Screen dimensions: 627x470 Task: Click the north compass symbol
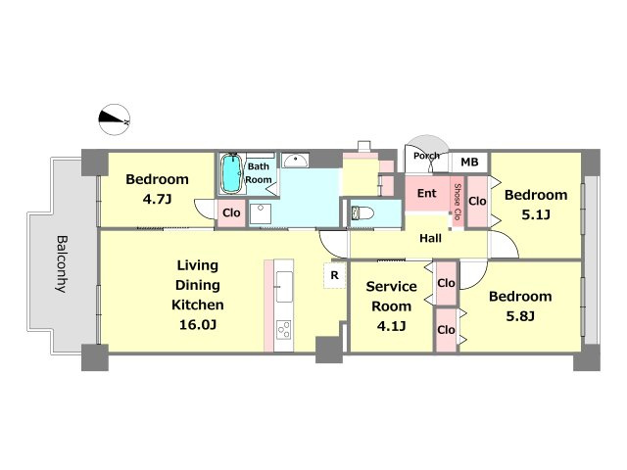tap(115, 119)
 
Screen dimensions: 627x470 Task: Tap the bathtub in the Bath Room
tap(231, 174)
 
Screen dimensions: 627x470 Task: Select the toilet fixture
tap(362, 212)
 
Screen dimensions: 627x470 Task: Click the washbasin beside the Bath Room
tap(295, 160)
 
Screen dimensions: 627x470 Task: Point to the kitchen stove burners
tap(284, 330)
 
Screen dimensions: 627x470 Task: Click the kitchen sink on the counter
tap(284, 287)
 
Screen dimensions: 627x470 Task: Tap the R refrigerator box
tap(334, 275)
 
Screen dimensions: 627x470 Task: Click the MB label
tap(469, 162)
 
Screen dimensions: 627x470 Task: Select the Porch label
tap(426, 156)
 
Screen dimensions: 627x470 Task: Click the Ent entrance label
tap(427, 193)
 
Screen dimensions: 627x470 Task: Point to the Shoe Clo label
tap(458, 202)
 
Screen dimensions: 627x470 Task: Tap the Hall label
tap(431, 238)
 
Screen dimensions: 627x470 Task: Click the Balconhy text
tap(62, 263)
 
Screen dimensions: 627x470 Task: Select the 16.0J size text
tap(198, 324)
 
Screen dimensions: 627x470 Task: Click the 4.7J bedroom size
tap(157, 199)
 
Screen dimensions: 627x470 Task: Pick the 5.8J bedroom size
tap(520, 316)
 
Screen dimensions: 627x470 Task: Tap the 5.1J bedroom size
tap(536, 214)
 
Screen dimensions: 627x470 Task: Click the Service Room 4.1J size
tap(391, 326)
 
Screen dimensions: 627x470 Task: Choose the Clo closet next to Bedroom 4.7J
tap(231, 213)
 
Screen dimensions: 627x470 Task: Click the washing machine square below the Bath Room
tap(261, 213)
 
